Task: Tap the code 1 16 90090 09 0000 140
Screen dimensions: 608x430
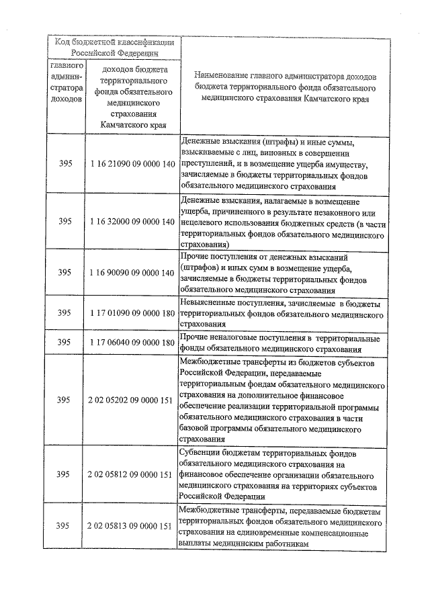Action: [132, 273]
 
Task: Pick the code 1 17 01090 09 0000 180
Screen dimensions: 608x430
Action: [132, 313]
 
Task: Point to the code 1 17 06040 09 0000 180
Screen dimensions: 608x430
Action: [132, 343]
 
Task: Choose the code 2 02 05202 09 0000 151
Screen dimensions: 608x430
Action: [132, 400]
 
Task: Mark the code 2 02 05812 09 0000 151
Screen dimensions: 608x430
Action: [132, 474]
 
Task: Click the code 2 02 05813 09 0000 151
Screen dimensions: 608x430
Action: [132, 525]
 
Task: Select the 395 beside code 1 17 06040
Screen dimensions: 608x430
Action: [64, 343]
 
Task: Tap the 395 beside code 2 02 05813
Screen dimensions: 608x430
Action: [64, 525]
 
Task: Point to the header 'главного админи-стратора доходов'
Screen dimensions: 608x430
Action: [66, 83]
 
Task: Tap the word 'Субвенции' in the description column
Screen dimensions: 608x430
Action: [202, 453]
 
